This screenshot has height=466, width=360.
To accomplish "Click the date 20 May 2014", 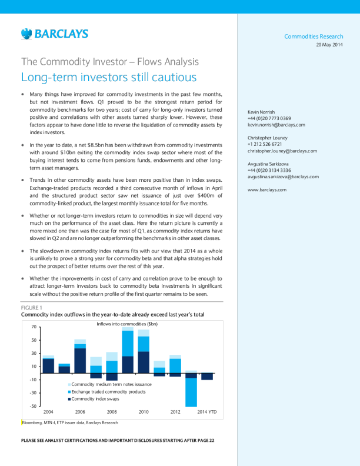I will point(329,45).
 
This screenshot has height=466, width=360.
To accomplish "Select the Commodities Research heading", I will point(314,37).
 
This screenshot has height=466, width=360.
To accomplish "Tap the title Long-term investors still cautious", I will point(109,77).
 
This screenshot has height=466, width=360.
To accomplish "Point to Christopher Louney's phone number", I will point(265,144).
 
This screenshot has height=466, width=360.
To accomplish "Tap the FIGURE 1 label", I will point(32,308).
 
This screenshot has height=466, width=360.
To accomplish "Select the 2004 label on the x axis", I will point(49,412).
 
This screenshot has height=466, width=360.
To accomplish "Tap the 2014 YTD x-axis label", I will point(207,412).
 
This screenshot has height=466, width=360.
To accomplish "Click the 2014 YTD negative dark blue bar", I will point(207,376).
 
